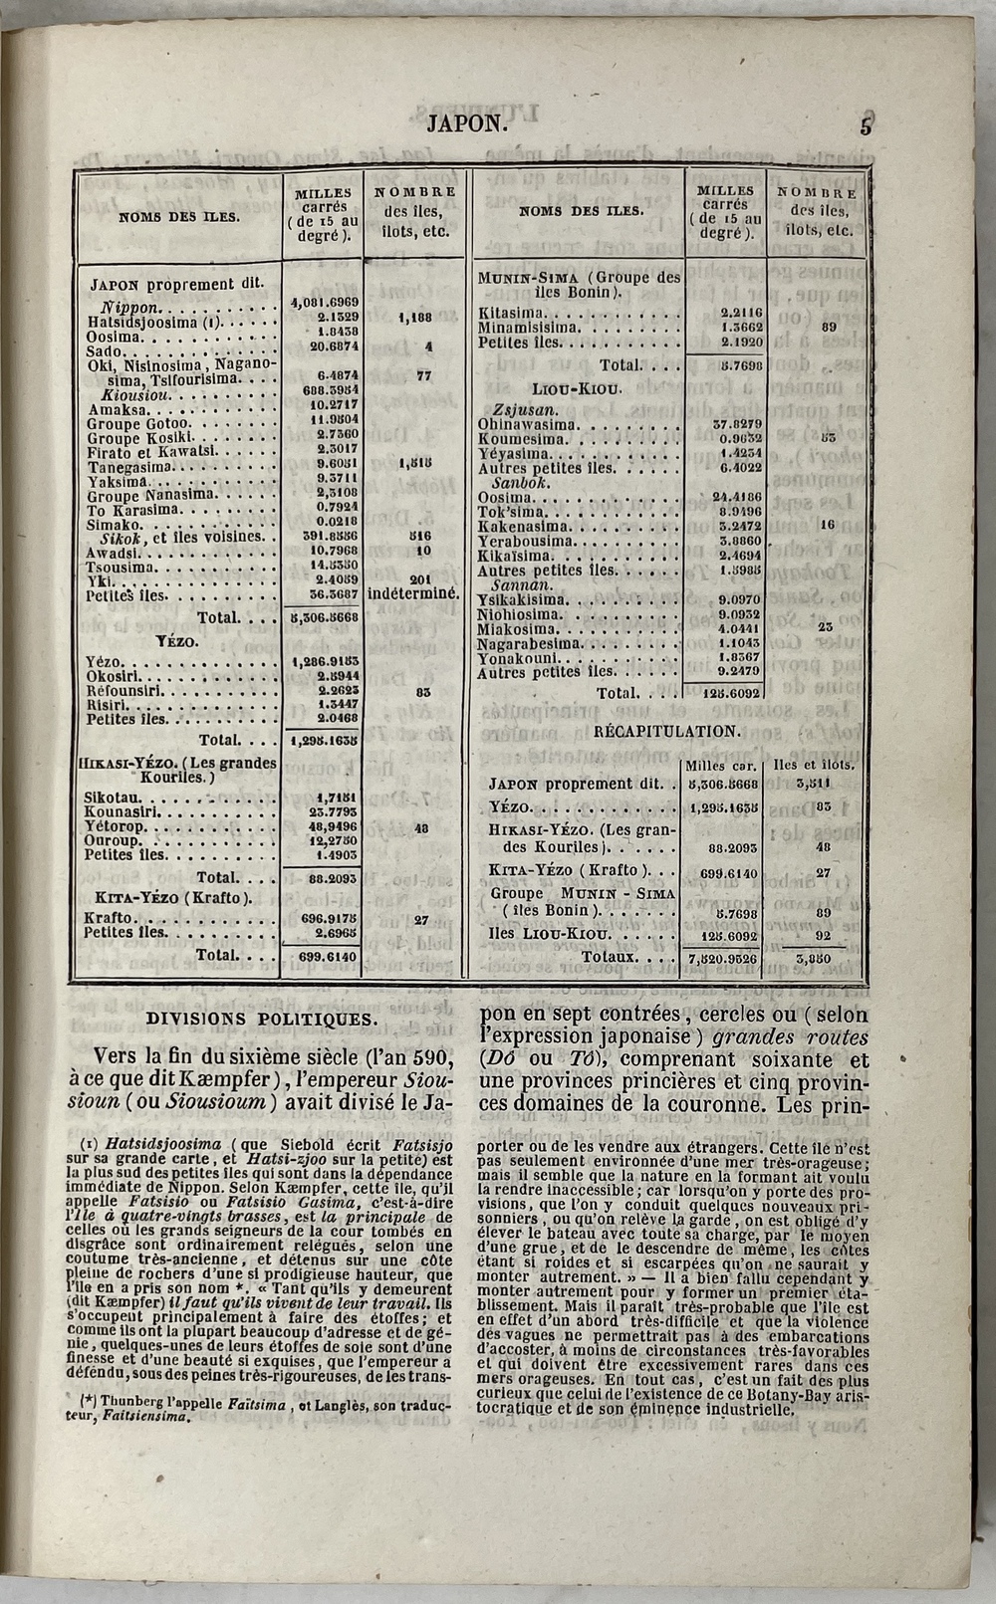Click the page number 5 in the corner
tap(866, 126)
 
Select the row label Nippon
tap(128, 309)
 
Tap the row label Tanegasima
tap(131, 467)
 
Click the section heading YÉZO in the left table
tap(177, 641)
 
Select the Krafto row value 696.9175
tap(323, 918)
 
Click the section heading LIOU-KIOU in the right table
tap(576, 388)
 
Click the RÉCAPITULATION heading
tap(667, 731)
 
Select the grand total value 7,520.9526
tap(722, 959)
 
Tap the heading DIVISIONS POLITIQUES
tap(261, 1019)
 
